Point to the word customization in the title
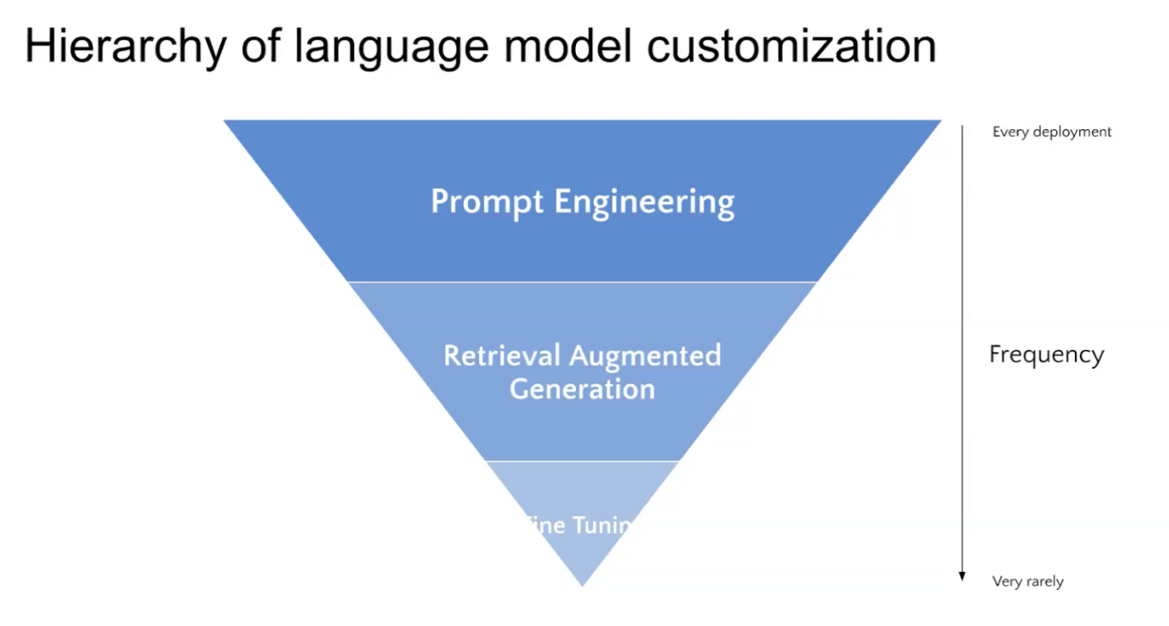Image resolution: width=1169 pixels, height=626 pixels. [x=792, y=46]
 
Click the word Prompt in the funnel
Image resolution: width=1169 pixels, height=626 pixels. [x=487, y=202]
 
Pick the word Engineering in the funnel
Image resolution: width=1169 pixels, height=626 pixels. [x=644, y=203]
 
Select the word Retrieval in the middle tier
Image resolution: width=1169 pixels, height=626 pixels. [x=501, y=355]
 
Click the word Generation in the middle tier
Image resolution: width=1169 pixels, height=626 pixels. [x=582, y=389]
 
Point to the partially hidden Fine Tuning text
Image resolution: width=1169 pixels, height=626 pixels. [x=582, y=525]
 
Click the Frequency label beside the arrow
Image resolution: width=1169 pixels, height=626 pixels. [x=1046, y=354]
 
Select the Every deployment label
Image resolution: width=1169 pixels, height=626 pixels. [x=1052, y=132]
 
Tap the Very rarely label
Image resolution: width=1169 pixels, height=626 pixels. [x=1028, y=582]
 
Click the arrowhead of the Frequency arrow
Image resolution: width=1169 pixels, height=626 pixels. [x=962, y=576]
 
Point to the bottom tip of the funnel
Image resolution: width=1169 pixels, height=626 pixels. [x=582, y=585]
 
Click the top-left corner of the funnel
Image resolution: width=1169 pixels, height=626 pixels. [x=226, y=121]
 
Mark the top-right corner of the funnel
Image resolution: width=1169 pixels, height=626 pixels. [x=939, y=121]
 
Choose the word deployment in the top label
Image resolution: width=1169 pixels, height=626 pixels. [x=1071, y=132]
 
